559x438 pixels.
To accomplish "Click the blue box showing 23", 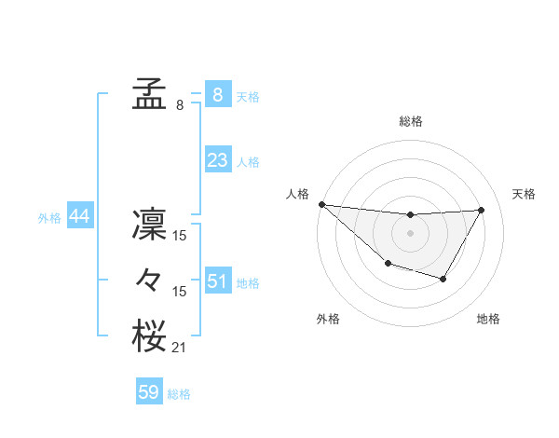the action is (217, 160).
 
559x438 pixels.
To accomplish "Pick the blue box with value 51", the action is (217, 281).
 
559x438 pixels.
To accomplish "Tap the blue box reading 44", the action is (79, 216).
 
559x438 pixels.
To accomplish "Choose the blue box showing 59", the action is (149, 392).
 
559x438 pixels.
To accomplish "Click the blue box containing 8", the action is (217, 95).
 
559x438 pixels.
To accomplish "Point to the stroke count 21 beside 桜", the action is (179, 349).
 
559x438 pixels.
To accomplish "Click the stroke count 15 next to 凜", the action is (180, 237).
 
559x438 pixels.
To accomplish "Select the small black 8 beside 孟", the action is (180, 105).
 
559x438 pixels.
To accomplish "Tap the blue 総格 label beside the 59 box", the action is (179, 394).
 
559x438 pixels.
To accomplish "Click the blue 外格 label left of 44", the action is (49, 218).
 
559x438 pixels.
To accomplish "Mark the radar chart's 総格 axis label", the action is (411, 121).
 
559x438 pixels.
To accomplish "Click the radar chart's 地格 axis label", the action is (488, 319).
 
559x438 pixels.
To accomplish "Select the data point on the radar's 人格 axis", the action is (321, 204).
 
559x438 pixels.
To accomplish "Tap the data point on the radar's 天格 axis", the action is (482, 210).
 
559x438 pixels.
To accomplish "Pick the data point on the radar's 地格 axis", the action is (443, 279).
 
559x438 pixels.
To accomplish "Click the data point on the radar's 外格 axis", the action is (388, 265).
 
